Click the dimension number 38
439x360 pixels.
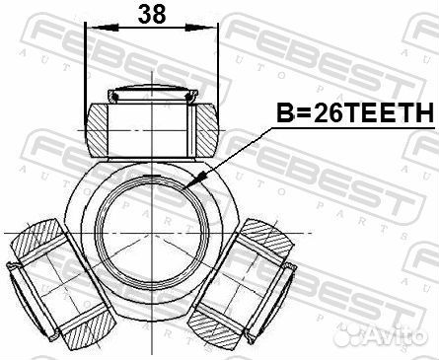[x=151, y=15]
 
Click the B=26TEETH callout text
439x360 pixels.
[x=355, y=112]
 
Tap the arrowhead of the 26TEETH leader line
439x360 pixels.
[x=194, y=180]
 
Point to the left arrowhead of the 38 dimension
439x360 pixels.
[x=102, y=28]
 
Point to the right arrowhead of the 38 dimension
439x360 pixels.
[x=202, y=28]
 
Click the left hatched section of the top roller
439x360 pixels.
[x=97, y=130]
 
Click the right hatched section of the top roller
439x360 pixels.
[x=207, y=130]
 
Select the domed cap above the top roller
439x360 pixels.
[x=152, y=93]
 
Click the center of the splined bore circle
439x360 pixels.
[x=152, y=233]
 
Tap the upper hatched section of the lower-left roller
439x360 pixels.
[x=37, y=238]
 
